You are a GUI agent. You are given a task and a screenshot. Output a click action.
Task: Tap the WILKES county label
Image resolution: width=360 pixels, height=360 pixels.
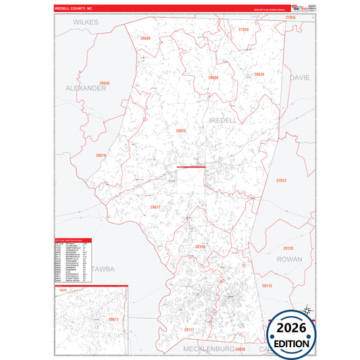coord(86,22)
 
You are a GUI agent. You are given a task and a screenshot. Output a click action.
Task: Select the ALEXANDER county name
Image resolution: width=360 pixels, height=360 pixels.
coord(86,88)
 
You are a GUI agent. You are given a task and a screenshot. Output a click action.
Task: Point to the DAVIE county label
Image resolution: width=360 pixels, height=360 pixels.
coord(299,78)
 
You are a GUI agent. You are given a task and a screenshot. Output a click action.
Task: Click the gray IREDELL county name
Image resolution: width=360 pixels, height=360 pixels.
coord(224,120)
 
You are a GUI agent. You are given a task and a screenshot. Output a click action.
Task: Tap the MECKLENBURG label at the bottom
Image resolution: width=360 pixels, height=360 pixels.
coord(209,349)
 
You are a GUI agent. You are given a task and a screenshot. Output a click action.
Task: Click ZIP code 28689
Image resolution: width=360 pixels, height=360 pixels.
coord(145,38)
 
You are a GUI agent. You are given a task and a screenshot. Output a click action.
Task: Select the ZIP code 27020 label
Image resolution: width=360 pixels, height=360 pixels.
coord(243,30)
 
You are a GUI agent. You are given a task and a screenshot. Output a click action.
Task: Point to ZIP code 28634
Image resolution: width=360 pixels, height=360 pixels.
coord(259,74)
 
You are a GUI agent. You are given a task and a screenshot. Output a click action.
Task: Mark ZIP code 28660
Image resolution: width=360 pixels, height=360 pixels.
coord(213,78)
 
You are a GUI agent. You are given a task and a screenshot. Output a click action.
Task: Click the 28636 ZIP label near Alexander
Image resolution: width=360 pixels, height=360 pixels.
coord(104,82)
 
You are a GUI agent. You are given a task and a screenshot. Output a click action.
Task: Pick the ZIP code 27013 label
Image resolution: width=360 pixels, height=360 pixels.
coord(281,180)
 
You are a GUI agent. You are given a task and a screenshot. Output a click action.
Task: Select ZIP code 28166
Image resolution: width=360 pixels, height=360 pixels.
coord(199,247)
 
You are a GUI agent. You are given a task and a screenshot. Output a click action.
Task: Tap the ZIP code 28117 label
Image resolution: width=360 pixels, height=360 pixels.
coord(188,329)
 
